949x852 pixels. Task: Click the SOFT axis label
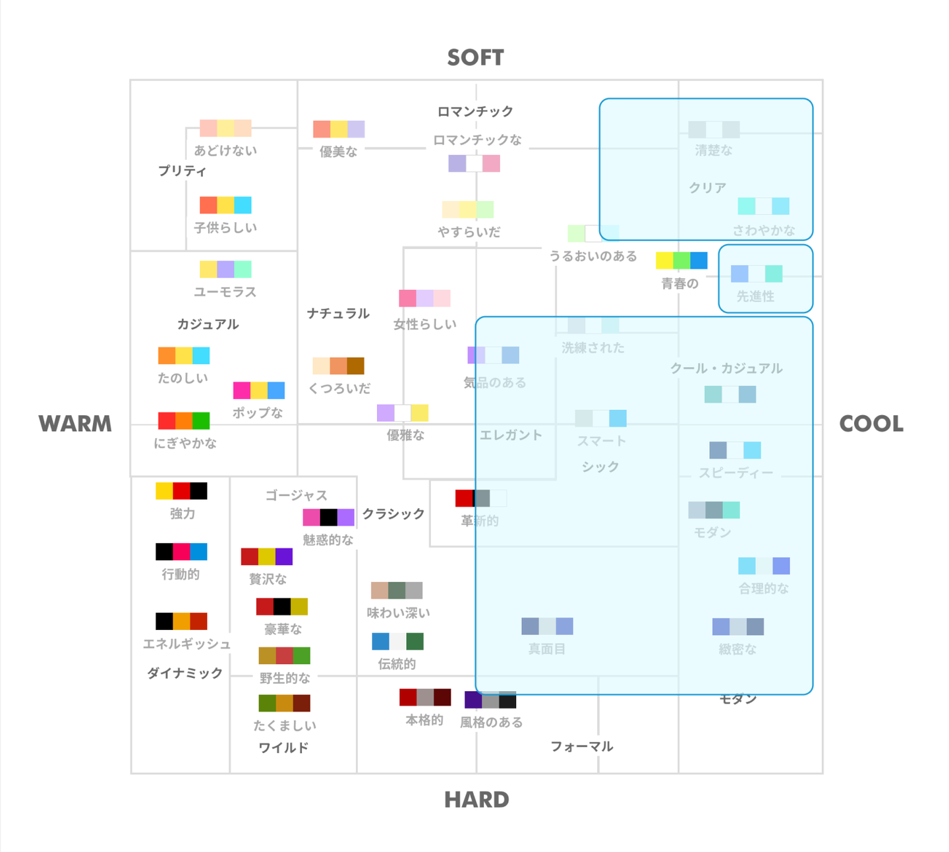pos(475,58)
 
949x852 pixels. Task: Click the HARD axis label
pos(476,800)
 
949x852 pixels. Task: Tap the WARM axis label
pos(75,424)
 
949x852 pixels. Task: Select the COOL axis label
pos(871,424)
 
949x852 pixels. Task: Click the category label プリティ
pos(182,171)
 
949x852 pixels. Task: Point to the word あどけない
pos(225,151)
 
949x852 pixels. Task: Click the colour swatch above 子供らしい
pos(225,205)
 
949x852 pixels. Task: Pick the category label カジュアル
pos(208,324)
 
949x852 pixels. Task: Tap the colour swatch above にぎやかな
pos(184,421)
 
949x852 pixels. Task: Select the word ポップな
pos(258,413)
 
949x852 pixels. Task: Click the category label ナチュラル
pos(338,314)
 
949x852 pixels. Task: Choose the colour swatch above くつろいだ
pos(339,366)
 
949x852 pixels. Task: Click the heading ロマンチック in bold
pos(475,111)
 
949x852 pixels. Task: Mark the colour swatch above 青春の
pos(681,260)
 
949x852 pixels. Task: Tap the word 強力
pos(183,514)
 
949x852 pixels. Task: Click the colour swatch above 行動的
pos(181,552)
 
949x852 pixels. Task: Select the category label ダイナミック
pos(185,673)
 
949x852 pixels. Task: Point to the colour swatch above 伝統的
pos(397,641)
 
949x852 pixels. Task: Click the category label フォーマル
pos(582,747)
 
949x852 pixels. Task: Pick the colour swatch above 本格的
pos(425,697)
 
